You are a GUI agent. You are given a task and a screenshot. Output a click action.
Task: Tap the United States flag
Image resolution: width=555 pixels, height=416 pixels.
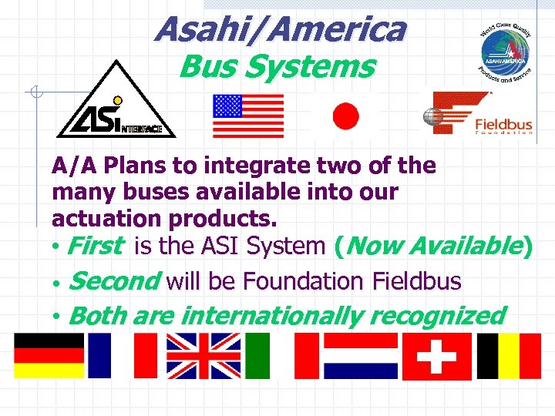tap(248, 116)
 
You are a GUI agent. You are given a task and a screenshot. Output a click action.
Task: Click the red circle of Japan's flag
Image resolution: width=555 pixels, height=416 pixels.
tap(345, 116)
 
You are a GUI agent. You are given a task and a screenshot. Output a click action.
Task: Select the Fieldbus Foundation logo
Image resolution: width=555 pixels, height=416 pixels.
tap(481, 114)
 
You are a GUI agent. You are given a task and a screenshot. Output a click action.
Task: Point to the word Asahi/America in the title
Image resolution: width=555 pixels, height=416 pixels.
tap(279, 30)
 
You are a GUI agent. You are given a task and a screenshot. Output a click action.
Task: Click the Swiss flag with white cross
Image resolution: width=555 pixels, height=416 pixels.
tap(436, 356)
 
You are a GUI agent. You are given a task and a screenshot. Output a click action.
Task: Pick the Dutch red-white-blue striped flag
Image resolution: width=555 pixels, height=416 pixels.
tap(360, 355)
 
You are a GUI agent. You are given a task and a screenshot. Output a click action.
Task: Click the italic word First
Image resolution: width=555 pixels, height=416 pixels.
tap(95, 247)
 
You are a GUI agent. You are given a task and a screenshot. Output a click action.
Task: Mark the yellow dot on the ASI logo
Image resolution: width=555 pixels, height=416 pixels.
tap(118, 100)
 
